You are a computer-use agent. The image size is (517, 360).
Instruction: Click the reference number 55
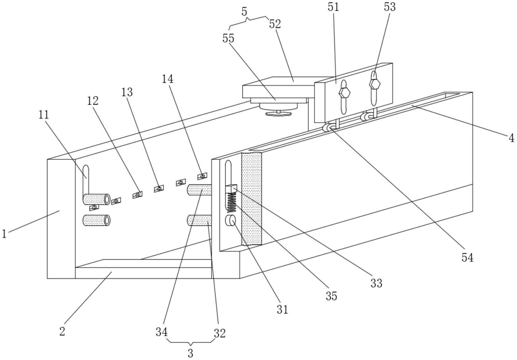[x=228, y=38]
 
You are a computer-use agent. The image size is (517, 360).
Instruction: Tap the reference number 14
[x=168, y=79]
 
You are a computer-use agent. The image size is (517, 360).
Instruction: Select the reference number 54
[x=467, y=257]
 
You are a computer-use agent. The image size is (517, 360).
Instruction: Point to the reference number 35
[x=331, y=296]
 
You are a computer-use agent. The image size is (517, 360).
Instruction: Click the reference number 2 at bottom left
[x=62, y=331]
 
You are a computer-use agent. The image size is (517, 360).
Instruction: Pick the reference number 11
[x=44, y=115]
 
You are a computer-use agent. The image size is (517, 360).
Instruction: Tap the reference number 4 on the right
[x=511, y=138]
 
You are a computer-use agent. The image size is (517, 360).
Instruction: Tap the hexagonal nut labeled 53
[x=374, y=84]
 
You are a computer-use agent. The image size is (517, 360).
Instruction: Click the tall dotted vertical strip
[x=251, y=199]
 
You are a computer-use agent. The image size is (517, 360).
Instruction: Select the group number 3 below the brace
[x=190, y=353]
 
